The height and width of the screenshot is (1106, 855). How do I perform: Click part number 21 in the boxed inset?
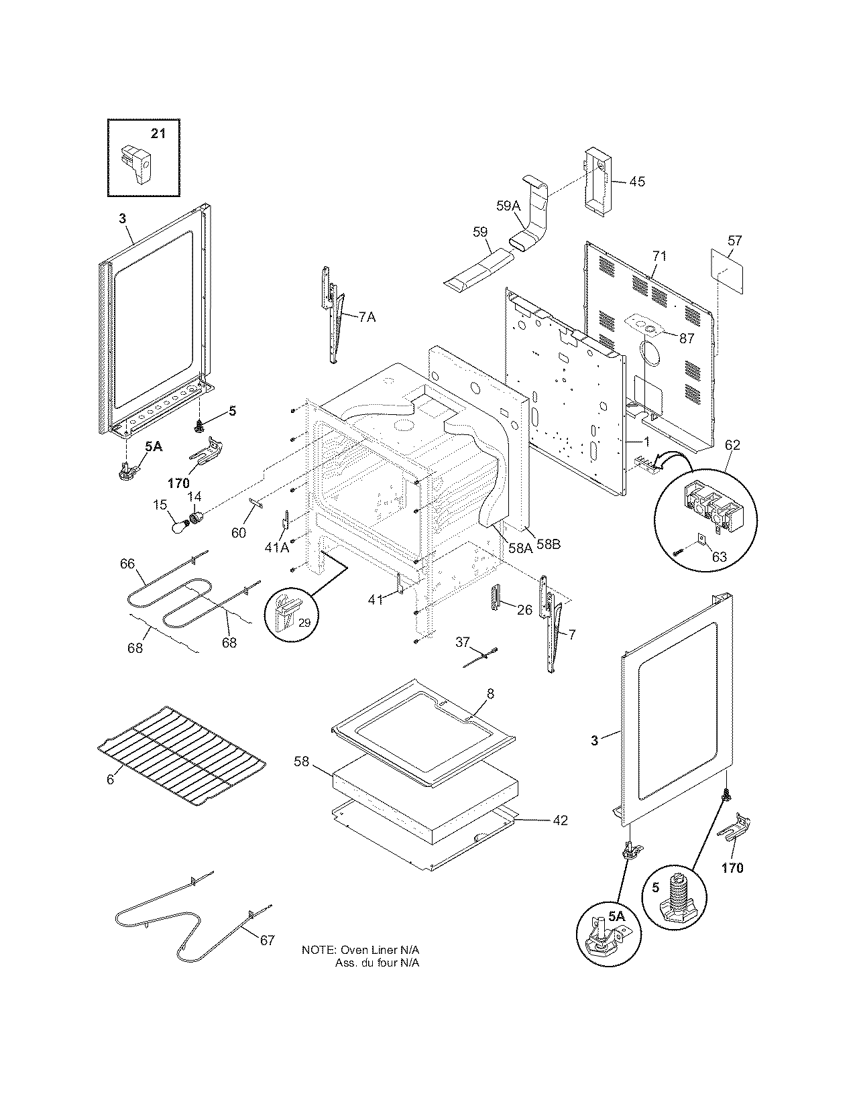(x=157, y=133)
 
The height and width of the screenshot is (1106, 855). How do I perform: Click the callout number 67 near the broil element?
(x=267, y=940)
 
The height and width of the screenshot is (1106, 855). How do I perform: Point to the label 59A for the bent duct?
(x=508, y=206)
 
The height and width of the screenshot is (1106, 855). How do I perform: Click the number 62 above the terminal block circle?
(x=732, y=444)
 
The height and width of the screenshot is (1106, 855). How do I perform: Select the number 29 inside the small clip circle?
(x=304, y=623)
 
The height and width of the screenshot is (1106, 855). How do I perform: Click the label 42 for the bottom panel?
(x=560, y=820)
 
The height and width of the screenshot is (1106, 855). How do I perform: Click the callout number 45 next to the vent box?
(x=637, y=181)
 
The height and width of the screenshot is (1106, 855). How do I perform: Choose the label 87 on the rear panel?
(x=687, y=339)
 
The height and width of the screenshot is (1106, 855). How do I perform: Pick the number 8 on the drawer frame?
(x=490, y=694)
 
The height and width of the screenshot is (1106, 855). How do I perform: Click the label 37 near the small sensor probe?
(x=462, y=642)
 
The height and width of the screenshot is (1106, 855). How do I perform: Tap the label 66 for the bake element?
(x=127, y=564)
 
